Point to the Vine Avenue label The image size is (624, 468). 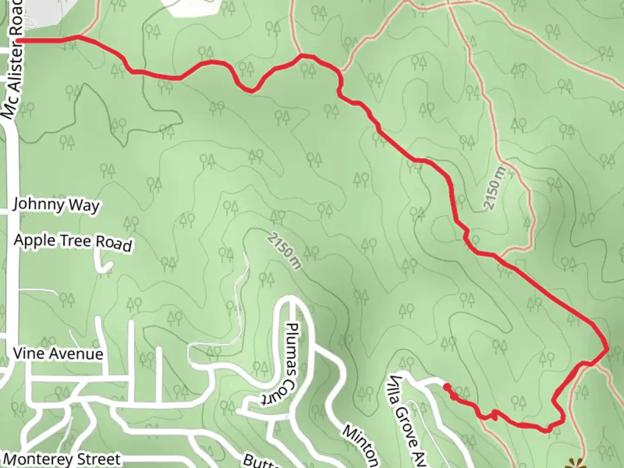(58, 354)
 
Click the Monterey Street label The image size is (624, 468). (62, 459)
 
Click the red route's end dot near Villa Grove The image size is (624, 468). (445, 385)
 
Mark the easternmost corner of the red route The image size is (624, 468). (608, 348)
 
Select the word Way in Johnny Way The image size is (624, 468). (86, 205)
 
